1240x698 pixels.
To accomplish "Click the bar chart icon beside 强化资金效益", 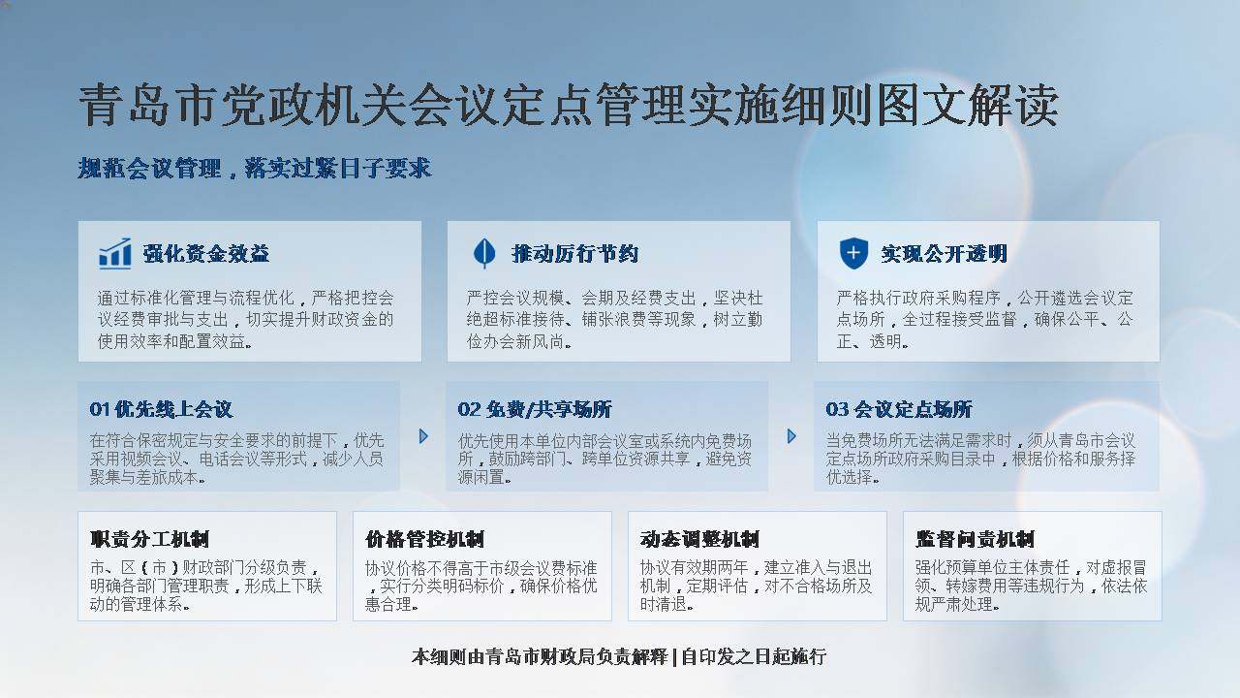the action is [115, 254].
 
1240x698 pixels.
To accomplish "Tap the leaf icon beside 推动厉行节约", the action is [484, 254].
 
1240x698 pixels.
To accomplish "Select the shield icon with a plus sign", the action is [853, 254].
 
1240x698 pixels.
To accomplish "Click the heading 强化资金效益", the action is [206, 254].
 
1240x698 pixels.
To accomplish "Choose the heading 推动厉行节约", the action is [575, 254].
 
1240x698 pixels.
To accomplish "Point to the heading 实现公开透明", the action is [945, 254].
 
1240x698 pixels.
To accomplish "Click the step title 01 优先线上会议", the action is [161, 409].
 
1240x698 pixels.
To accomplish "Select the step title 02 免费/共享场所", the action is [535, 409].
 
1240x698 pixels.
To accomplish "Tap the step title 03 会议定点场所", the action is [899, 409].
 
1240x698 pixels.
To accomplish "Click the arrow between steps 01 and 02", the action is [423, 436].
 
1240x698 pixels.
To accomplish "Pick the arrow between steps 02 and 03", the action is [791, 436].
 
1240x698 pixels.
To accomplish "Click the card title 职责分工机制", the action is [149, 539].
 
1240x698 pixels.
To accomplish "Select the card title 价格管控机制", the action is [424, 539].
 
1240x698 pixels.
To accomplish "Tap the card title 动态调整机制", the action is [699, 539].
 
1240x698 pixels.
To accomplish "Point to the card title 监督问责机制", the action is [975, 539].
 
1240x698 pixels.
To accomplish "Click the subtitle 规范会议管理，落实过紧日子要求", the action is [255, 169].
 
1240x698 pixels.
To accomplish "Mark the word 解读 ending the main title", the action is [1014, 106].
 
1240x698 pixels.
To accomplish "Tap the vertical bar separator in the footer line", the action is [674, 657].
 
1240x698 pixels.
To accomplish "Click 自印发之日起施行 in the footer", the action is [754, 657].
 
